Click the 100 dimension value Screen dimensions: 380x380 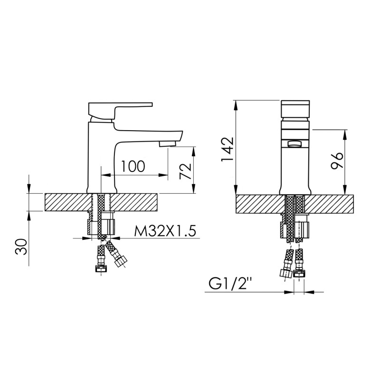click(x=133, y=167)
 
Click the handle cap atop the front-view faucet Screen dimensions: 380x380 click(x=295, y=110)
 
